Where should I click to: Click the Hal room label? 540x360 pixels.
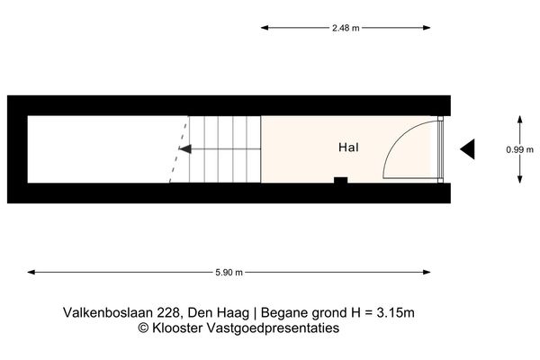pos(350,148)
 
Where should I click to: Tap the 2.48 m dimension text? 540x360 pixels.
pos(346,28)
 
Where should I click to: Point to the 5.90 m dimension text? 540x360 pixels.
pos(229,271)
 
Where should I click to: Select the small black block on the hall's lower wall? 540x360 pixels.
pos(340,181)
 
